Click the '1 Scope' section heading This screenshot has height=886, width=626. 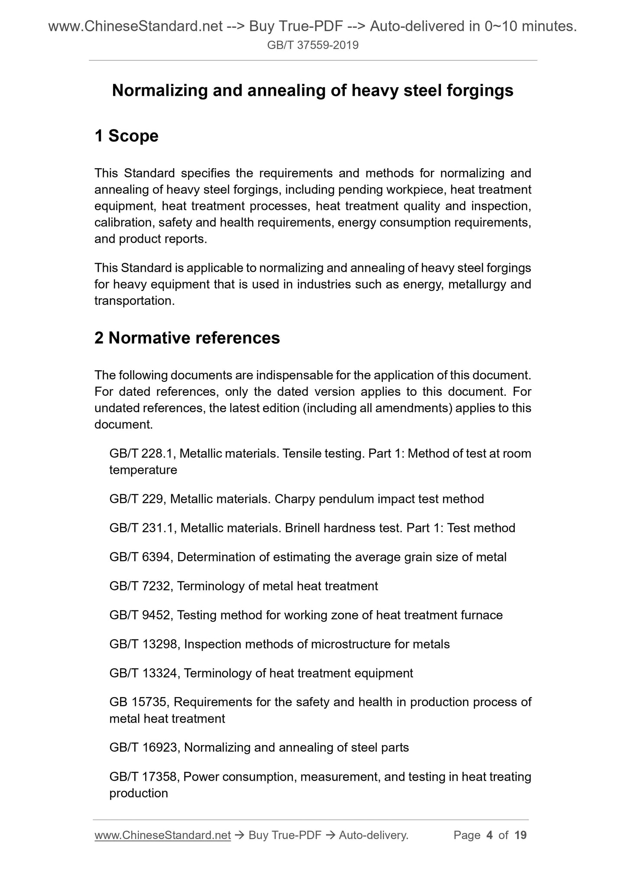[x=126, y=136]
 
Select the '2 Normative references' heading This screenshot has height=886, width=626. [x=187, y=338]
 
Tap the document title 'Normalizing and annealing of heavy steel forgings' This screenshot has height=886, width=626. [x=313, y=90]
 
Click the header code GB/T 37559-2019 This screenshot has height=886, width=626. [x=313, y=45]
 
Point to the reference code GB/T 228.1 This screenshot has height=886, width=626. [x=142, y=453]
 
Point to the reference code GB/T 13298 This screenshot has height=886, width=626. [x=145, y=644]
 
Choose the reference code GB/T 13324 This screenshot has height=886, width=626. [x=145, y=673]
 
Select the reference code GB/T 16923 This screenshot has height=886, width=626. [x=145, y=748]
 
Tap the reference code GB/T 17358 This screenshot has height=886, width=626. [x=145, y=777]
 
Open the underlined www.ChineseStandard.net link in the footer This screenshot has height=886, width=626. [x=162, y=835]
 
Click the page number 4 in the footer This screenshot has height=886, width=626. [x=490, y=835]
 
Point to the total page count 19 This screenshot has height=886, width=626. [x=520, y=835]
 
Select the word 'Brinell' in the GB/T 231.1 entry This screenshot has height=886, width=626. [x=302, y=528]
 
